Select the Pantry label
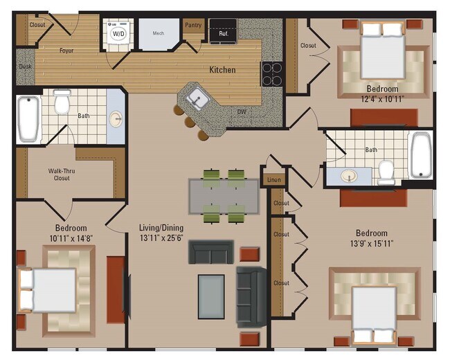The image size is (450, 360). (x=192, y=25)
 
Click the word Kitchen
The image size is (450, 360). (x=222, y=70)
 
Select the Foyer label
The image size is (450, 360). (x=66, y=51)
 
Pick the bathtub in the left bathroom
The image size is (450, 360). (x=29, y=118)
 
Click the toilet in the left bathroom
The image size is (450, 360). (x=62, y=102)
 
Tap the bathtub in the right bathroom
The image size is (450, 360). (x=420, y=155)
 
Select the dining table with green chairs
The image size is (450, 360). (x=224, y=196)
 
